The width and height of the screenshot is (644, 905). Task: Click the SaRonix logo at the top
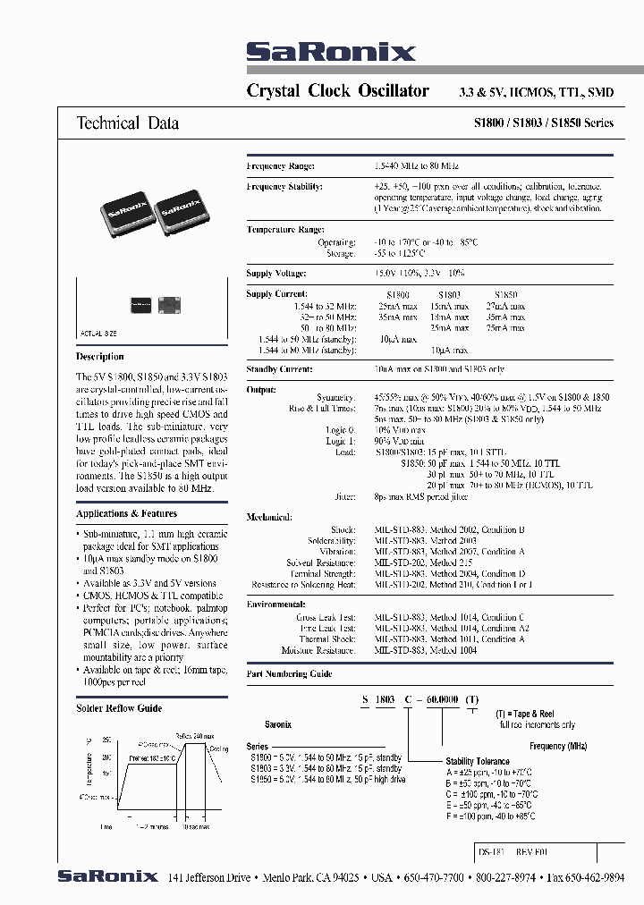pyautogui.click(x=331, y=53)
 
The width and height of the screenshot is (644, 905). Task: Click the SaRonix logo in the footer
pyautogui.click(x=107, y=876)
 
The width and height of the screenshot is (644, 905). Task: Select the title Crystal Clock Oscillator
pyautogui.click(x=337, y=91)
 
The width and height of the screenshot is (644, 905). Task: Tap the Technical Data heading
pyautogui.click(x=127, y=123)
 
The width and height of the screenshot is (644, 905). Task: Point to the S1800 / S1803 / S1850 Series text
pyautogui.click(x=543, y=123)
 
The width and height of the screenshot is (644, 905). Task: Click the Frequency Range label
pyautogui.click(x=279, y=166)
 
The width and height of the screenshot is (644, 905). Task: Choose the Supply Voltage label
pyautogui.click(x=276, y=273)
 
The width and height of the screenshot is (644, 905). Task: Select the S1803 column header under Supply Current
pyautogui.click(x=449, y=294)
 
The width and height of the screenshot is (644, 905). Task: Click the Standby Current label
pyautogui.click(x=280, y=368)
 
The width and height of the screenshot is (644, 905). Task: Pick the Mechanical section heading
pyautogui.click(x=269, y=517)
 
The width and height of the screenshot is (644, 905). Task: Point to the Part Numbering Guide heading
pyautogui.click(x=289, y=674)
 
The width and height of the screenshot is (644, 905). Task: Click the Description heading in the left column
pyautogui.click(x=100, y=356)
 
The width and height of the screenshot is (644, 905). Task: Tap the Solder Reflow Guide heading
pyautogui.click(x=119, y=708)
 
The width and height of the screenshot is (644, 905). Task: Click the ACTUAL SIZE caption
pyautogui.click(x=99, y=332)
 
